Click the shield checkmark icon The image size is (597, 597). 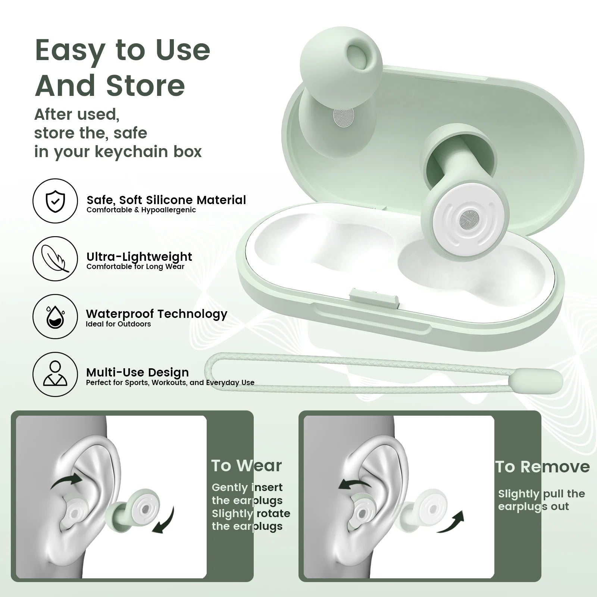click(55, 201)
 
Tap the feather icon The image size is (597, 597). click(55, 258)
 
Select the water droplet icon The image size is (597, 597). click(55, 316)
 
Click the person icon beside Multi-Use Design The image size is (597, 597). click(55, 374)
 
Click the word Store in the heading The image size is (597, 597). click(146, 86)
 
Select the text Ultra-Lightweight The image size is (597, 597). click(139, 257)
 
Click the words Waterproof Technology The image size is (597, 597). click(157, 314)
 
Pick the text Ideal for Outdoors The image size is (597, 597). click(118, 324)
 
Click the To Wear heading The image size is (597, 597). click(246, 466)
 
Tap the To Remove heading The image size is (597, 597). click(543, 467)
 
